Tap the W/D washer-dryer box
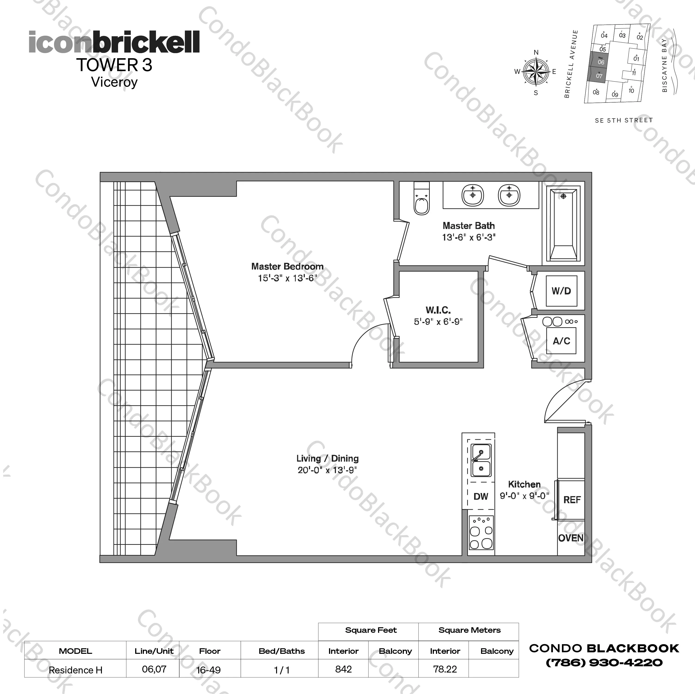click(561, 291)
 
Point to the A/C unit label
click(561, 341)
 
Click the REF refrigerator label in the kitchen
click(572, 500)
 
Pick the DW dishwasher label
click(481, 497)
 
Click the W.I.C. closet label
click(438, 310)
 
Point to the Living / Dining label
click(327, 458)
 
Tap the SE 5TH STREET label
click(623, 121)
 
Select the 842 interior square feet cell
click(343, 669)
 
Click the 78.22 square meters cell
click(445, 669)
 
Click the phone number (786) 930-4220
click(604, 663)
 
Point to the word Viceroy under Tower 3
click(114, 82)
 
